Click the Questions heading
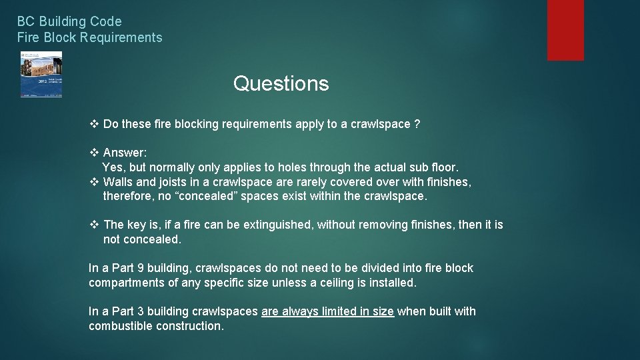point(281,84)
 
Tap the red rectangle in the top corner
point(565,30)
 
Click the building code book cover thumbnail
point(41,75)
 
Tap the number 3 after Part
point(139,311)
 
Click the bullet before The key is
point(94,225)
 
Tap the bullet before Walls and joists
point(94,182)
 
